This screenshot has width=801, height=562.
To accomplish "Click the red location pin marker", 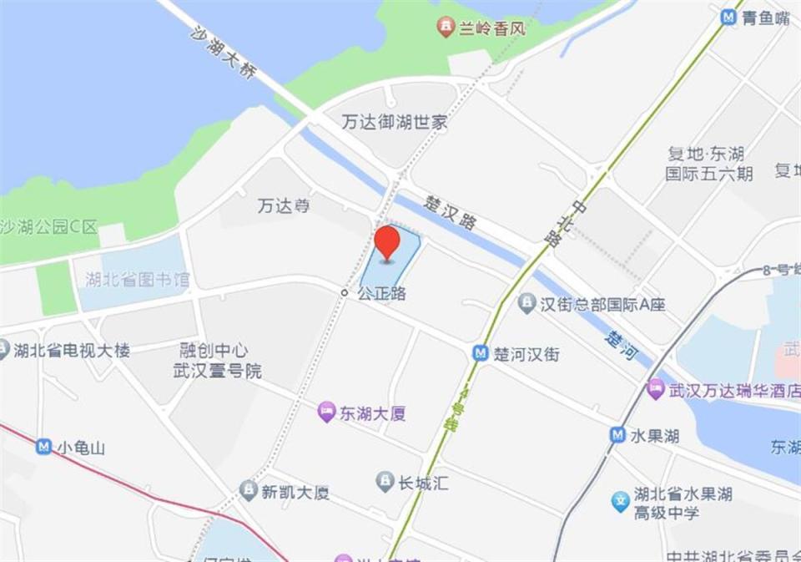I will [x=386, y=242].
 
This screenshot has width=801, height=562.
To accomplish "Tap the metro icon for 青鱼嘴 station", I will [x=728, y=17].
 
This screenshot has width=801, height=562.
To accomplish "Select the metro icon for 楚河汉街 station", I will [x=481, y=353].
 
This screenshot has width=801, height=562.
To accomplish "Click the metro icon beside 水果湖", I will [x=617, y=435].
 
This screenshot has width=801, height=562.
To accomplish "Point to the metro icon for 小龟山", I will [x=43, y=448].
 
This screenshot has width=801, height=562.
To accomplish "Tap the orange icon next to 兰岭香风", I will [x=446, y=28].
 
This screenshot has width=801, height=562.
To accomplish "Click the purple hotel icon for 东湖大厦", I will [x=325, y=412].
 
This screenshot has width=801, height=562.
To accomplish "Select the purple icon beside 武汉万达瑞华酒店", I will [x=656, y=389].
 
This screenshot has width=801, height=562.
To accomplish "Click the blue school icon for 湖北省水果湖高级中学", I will [x=620, y=501].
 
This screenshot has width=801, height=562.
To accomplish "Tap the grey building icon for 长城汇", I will [x=385, y=482].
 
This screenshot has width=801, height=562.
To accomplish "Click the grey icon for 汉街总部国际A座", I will [x=526, y=304].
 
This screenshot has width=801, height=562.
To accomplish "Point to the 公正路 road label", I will [x=381, y=294].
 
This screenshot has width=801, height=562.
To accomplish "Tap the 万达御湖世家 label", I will [x=395, y=122].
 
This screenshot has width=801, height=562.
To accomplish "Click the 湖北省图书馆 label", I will [x=138, y=280].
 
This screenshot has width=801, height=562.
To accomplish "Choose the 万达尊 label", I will [x=284, y=205].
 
